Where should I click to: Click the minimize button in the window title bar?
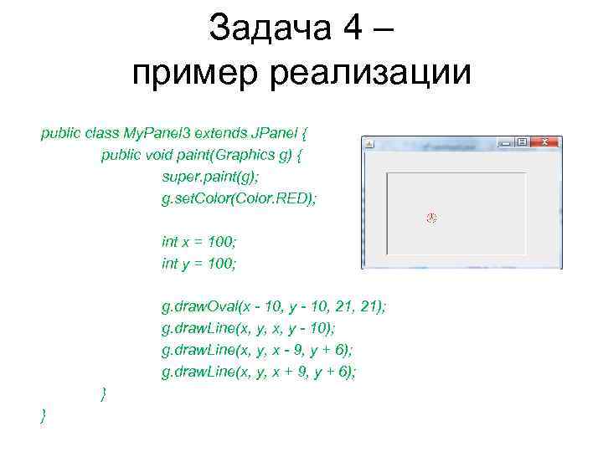(505, 143)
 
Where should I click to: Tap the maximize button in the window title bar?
(523, 143)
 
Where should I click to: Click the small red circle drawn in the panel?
(432, 218)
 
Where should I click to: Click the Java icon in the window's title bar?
(369, 145)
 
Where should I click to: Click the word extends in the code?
(219, 133)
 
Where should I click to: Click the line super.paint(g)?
(208, 177)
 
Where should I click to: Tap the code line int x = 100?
(199, 242)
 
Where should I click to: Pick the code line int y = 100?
(199, 264)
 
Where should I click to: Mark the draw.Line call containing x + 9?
(259, 372)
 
